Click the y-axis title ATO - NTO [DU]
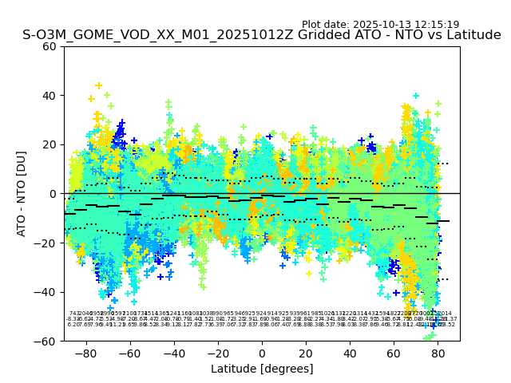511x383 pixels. pyautogui.click(x=22, y=194)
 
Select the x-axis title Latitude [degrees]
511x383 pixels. pyautogui.click(x=262, y=369)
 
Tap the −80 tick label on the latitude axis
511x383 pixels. pyautogui.click(x=85, y=352)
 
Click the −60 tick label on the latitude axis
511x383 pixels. pyautogui.click(x=129, y=352)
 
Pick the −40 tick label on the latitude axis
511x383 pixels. pyautogui.click(x=172, y=352)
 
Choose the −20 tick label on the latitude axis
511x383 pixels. pyautogui.click(x=216, y=352)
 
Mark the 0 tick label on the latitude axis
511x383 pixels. pyautogui.click(x=262, y=352)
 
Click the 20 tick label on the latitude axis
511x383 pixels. pyautogui.click(x=306, y=352)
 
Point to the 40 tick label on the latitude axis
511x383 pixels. pyautogui.click(x=350, y=352)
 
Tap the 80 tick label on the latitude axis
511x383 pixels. pyautogui.click(x=438, y=352)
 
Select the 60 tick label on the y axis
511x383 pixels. pyautogui.click(x=50, y=46)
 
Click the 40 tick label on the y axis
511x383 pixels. pyautogui.click(x=50, y=96)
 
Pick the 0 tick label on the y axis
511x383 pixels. pyautogui.click(x=53, y=194)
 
